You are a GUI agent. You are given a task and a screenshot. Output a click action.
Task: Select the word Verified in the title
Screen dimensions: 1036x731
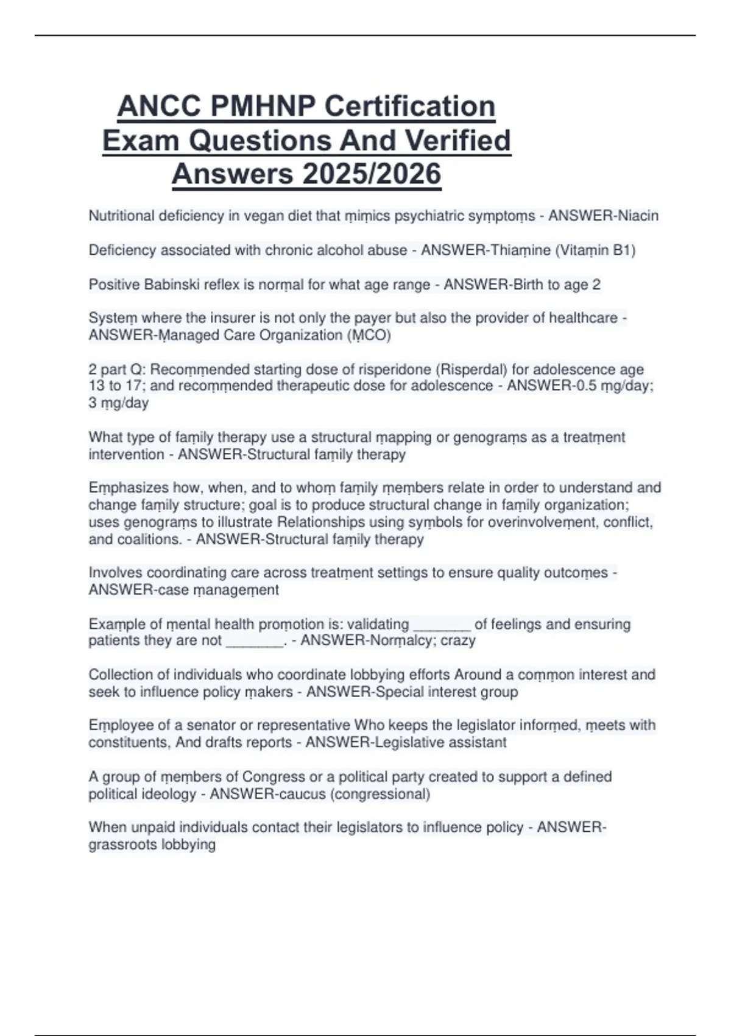click(x=457, y=141)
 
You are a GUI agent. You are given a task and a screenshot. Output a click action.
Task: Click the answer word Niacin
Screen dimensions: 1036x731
click(x=638, y=216)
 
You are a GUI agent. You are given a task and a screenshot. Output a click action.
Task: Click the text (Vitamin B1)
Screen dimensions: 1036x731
click(x=595, y=250)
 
